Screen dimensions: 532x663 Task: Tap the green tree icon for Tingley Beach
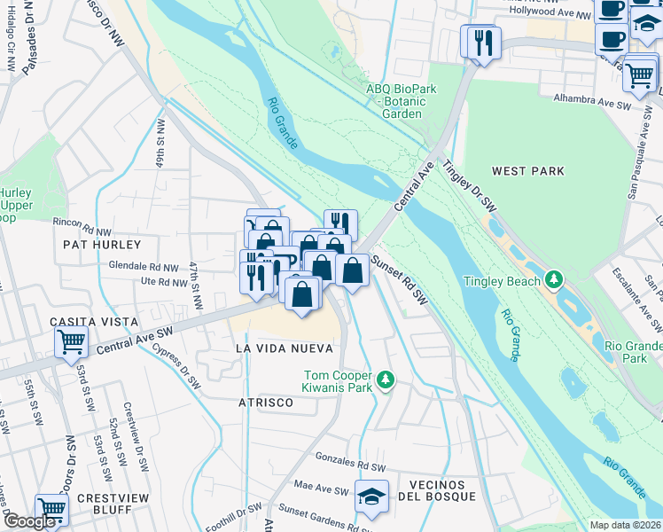555,281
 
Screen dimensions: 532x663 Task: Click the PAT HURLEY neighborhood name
101,244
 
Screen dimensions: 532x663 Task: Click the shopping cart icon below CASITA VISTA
71,341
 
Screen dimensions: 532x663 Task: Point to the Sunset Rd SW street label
399,280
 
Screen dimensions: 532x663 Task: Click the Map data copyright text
625,525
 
